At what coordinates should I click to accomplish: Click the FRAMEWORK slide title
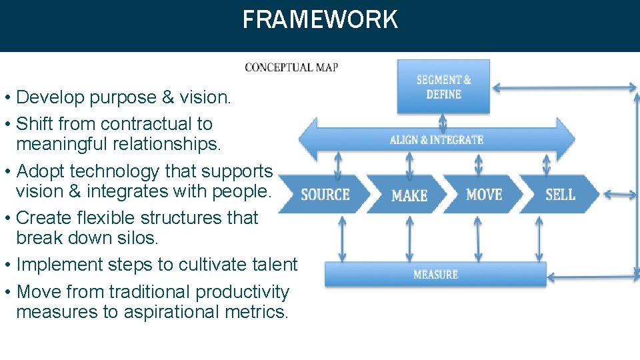(320, 19)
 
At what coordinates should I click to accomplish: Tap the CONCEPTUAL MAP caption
(291, 67)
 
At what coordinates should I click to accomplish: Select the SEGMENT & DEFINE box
(443, 87)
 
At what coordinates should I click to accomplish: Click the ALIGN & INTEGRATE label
(437, 140)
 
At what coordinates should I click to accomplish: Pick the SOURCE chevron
(325, 195)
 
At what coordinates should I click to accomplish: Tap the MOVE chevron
(484, 195)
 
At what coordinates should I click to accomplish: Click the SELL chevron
(560, 195)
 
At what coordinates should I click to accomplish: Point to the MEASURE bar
(435, 274)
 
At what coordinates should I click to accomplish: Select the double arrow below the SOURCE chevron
(342, 238)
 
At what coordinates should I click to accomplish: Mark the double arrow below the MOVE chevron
(477, 238)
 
